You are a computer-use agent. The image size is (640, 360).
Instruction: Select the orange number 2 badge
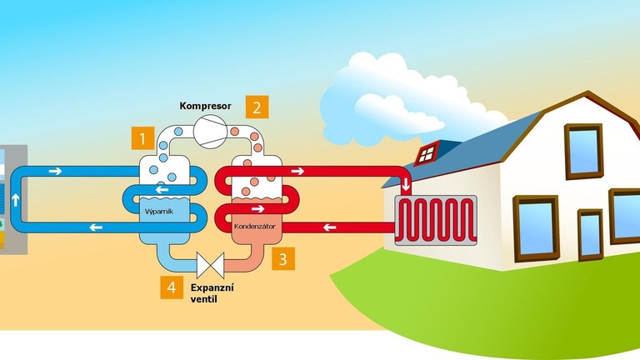click(257, 107)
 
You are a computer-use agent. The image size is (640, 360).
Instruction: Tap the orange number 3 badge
click(283, 258)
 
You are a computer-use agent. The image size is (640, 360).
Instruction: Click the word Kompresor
click(205, 107)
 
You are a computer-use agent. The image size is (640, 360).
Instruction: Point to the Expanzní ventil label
click(212, 292)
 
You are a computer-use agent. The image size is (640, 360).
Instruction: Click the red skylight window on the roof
click(427, 152)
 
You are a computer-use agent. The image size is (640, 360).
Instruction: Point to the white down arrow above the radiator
click(406, 184)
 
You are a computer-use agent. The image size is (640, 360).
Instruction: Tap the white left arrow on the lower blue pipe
click(98, 227)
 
